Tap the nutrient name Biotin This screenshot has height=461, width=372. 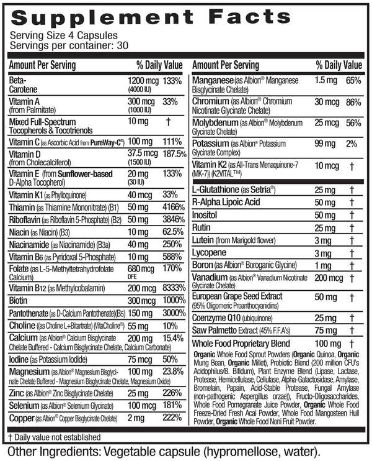click(x=20, y=301)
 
